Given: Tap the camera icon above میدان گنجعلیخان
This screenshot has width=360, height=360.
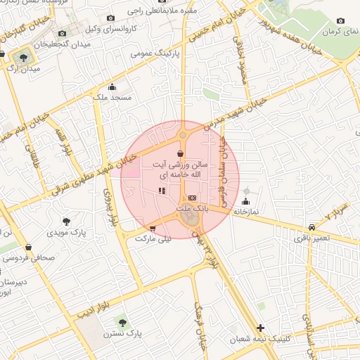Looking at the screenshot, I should click(x=62, y=33).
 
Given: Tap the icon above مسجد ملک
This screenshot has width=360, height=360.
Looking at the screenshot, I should click(x=112, y=87).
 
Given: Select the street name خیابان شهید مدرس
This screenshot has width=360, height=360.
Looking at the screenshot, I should click(x=236, y=112).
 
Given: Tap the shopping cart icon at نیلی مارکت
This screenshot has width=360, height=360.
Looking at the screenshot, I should click(x=153, y=228).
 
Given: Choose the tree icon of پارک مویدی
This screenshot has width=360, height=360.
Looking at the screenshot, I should click(x=67, y=221).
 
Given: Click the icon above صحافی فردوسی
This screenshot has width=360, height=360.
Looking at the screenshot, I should click(x=28, y=247).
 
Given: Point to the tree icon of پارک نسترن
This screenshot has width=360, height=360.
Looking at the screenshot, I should click(x=123, y=322).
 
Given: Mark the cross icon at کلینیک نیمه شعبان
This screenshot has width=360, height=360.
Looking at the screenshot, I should click(x=261, y=328).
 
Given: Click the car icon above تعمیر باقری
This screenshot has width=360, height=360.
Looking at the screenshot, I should click(x=311, y=227).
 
